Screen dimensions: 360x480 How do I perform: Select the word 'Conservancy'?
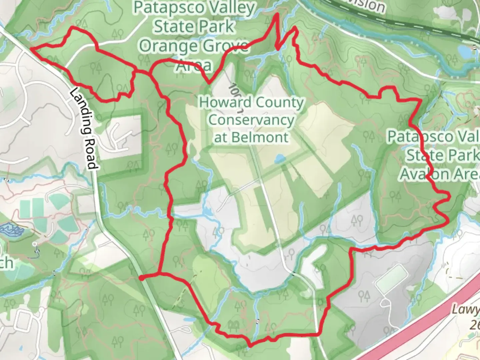click(251, 120)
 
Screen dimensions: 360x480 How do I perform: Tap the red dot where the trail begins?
click(141, 278)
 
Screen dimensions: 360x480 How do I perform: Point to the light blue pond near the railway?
click(464, 51)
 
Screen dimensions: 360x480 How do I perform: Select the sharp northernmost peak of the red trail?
click(276, 15)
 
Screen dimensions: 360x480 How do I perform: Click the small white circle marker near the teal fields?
click(35, 244)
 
